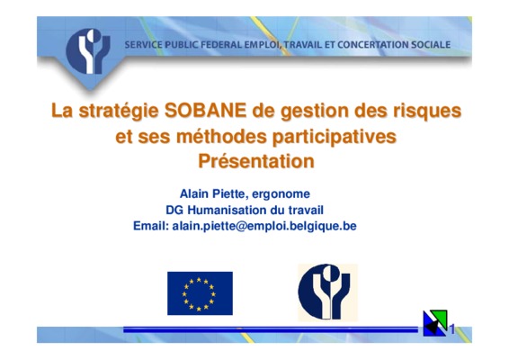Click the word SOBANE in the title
click(x=205, y=111)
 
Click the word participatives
click(x=335, y=137)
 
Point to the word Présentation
click(x=256, y=161)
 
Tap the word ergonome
click(x=281, y=194)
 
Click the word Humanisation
click(x=228, y=210)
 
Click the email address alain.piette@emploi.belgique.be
click(x=264, y=226)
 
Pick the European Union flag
click(x=200, y=293)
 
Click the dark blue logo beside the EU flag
click(x=327, y=292)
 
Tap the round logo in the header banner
click(x=88, y=51)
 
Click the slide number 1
click(x=451, y=329)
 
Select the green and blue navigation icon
click(x=435, y=323)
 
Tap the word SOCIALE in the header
click(x=431, y=44)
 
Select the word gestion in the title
click(x=315, y=112)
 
